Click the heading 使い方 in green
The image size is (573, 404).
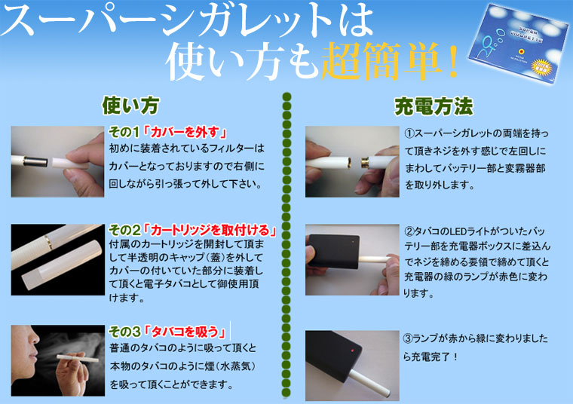pyautogui.click(x=130, y=106)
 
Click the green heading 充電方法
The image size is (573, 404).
pyautogui.click(x=434, y=107)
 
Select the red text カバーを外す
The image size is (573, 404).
pyautogui.click(x=185, y=132)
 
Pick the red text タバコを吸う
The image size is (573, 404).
pyautogui.click(x=185, y=332)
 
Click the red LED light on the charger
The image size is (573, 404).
pyautogui.click(x=353, y=350)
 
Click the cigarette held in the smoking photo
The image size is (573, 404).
pyautogui.click(x=78, y=358)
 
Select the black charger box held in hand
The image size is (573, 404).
pyautogui.click(x=334, y=251)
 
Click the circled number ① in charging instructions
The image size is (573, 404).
pyautogui.click(x=409, y=133)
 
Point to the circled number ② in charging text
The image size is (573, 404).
pyautogui.click(x=409, y=231)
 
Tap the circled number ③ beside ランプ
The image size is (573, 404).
pyautogui.click(x=408, y=338)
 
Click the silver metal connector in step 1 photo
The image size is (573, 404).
pyautogui.click(x=36, y=161)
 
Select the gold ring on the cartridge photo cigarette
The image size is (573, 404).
pyautogui.click(x=48, y=242)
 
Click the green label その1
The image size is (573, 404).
pyautogui.click(x=124, y=132)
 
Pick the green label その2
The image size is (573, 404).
pyautogui.click(x=124, y=230)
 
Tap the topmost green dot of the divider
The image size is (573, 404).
pyautogui.click(x=286, y=96)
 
